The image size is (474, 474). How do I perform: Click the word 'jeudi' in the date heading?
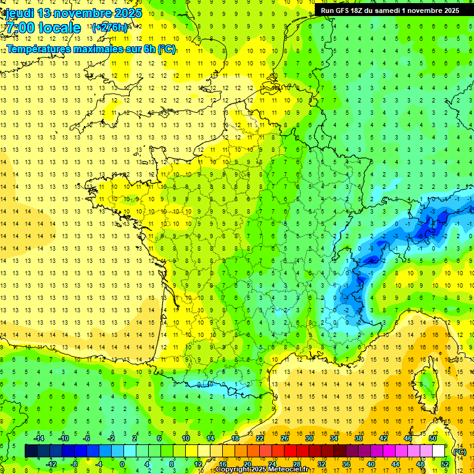18,13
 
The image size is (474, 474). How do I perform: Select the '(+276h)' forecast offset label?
109,28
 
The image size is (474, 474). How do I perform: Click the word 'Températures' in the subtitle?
37,49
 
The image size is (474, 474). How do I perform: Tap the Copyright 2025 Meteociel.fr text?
262,470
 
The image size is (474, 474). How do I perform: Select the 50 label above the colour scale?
433,438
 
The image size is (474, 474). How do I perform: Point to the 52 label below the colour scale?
444,464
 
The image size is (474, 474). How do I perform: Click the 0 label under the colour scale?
122,464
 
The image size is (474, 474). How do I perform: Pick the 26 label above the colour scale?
285,438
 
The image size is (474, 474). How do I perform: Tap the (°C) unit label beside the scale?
459,452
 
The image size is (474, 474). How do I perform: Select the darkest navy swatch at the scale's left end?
31,451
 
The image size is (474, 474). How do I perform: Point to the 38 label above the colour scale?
359,438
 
